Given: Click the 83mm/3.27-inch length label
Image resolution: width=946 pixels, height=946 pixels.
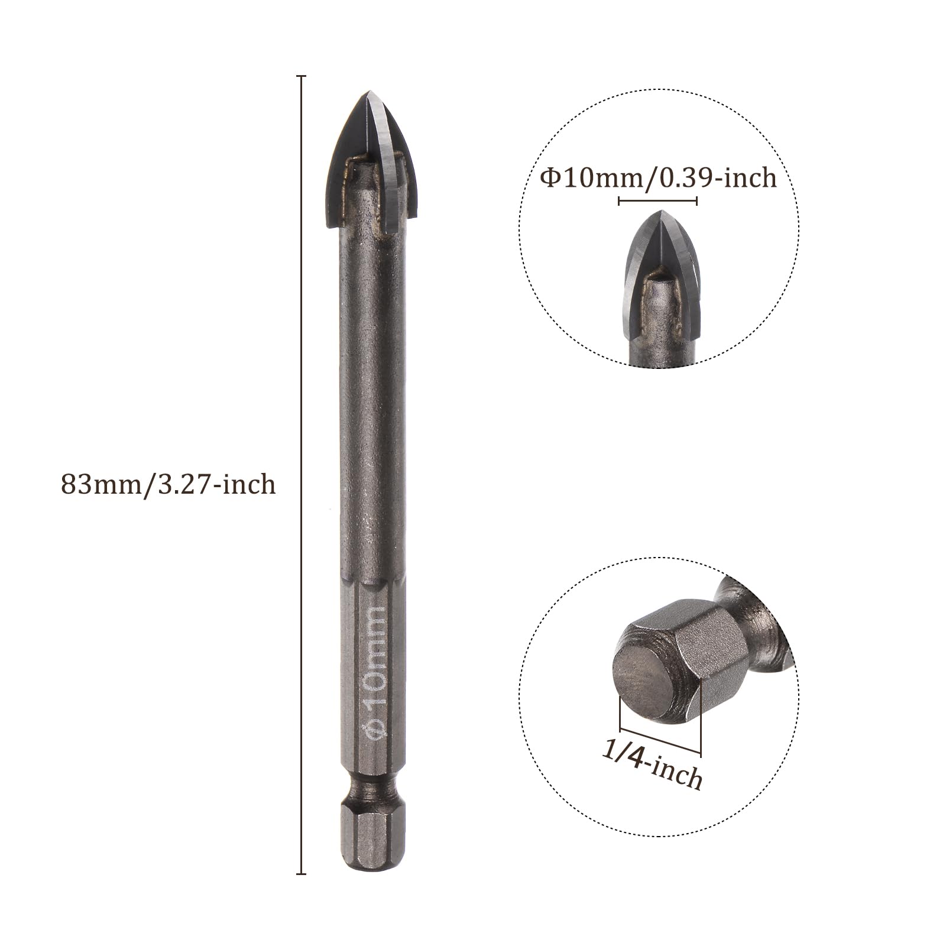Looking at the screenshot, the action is pyautogui.click(x=169, y=485).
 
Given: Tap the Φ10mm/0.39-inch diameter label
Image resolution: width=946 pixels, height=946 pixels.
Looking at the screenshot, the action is pyautogui.click(x=658, y=177).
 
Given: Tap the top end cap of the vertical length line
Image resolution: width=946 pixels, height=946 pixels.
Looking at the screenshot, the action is pyautogui.click(x=301, y=76).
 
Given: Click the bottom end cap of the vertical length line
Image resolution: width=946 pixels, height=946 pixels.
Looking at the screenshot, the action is pyautogui.click(x=301, y=873).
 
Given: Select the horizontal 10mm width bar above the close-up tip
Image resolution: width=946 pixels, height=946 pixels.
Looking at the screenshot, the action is pyautogui.click(x=658, y=201).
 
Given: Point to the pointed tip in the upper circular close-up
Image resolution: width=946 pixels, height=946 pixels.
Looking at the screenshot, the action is pyautogui.click(x=663, y=212).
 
